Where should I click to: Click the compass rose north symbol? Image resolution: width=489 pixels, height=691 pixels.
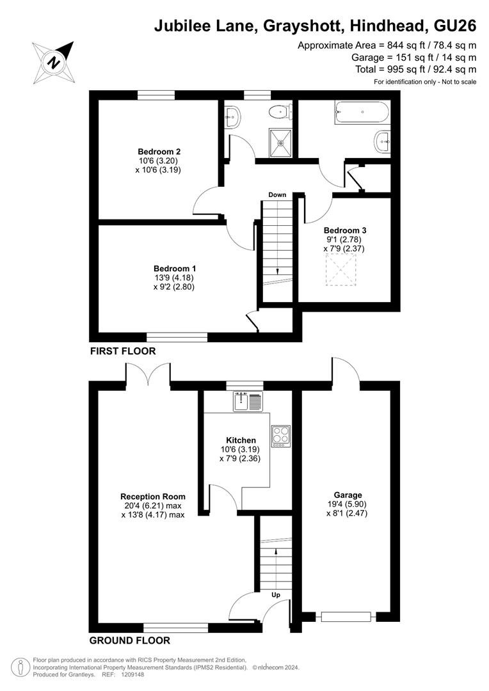pos(53,62)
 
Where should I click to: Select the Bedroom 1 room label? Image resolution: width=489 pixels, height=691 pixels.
pos(175,268)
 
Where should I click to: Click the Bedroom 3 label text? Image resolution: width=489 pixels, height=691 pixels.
pos(345,230)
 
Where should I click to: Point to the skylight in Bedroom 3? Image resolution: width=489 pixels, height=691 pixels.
pos(341,271)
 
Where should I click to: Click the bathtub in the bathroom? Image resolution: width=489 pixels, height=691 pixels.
pos(362,112)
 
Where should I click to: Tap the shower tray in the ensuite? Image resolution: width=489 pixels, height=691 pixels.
pos(280,142)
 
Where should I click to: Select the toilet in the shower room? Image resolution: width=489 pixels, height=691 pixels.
pos(280,111)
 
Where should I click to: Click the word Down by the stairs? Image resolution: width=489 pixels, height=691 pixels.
pos(277,195)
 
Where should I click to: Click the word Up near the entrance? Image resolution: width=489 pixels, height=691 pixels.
pos(276,594)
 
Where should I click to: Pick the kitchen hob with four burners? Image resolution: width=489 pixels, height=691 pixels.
pos(281,436)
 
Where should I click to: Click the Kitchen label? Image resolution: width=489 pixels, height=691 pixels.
pos(241,440)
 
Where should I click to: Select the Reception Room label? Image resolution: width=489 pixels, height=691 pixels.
pos(153,496)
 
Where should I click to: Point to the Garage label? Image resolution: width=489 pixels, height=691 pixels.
pos(348,495)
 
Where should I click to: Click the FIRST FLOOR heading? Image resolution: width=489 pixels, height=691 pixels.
pos(123,351)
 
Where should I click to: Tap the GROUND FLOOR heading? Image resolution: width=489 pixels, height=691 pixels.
pos(130,640)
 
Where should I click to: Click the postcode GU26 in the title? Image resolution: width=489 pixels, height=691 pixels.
pos(455,26)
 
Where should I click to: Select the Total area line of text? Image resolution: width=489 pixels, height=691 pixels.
pos(416,69)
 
